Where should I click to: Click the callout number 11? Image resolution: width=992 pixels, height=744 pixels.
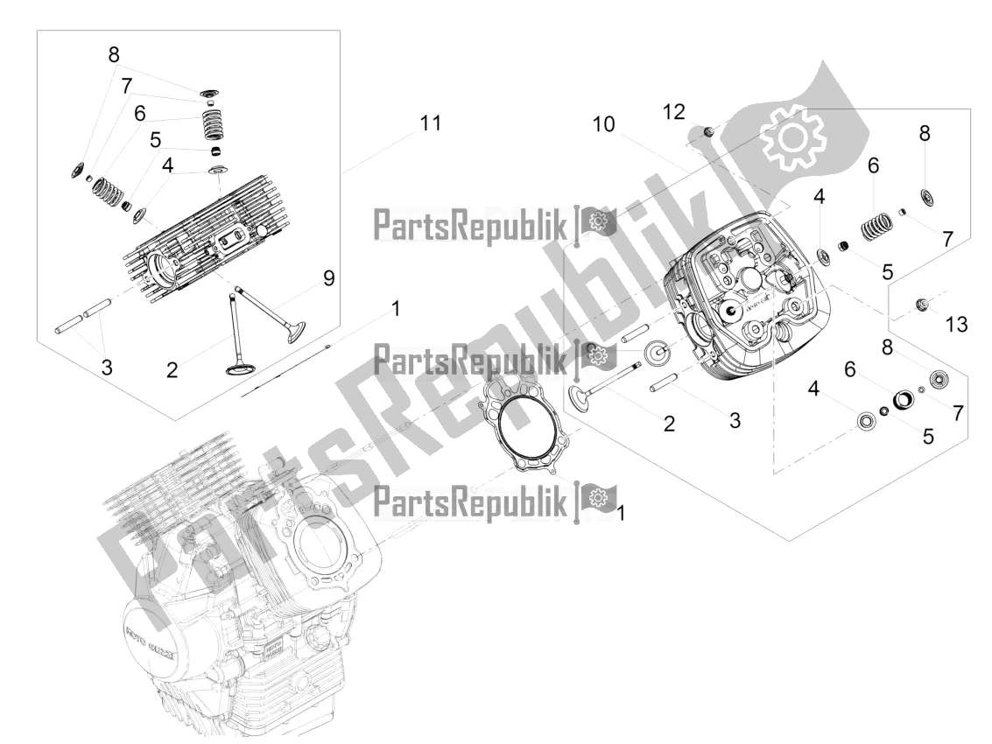[x=430, y=123]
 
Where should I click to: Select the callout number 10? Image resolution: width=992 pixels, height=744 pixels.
[x=603, y=124]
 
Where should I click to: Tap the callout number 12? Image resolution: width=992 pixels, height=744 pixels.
[x=674, y=112]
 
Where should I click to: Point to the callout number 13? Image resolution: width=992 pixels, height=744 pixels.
[x=956, y=325]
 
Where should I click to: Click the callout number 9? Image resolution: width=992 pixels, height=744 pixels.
[x=329, y=277]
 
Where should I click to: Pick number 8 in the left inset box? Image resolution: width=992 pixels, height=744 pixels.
[x=114, y=54]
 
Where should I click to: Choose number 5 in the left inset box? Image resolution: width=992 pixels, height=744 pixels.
[x=156, y=140]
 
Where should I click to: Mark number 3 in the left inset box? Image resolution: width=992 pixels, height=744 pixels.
[x=107, y=366]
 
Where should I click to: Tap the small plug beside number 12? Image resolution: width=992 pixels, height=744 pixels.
[x=709, y=131]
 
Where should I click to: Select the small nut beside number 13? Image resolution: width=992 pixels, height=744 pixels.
[x=923, y=305]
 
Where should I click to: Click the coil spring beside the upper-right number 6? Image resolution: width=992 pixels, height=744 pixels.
[x=877, y=225]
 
